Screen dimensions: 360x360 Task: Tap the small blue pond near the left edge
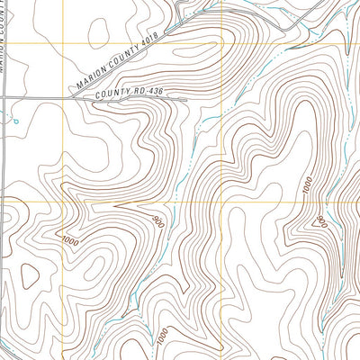(14, 117)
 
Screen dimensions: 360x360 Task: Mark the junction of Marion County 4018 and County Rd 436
(74, 97)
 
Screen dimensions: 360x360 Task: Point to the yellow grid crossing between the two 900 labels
(221, 201)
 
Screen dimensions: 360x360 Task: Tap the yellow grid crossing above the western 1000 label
(62, 200)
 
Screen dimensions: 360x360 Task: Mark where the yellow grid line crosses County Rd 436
(62, 97)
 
